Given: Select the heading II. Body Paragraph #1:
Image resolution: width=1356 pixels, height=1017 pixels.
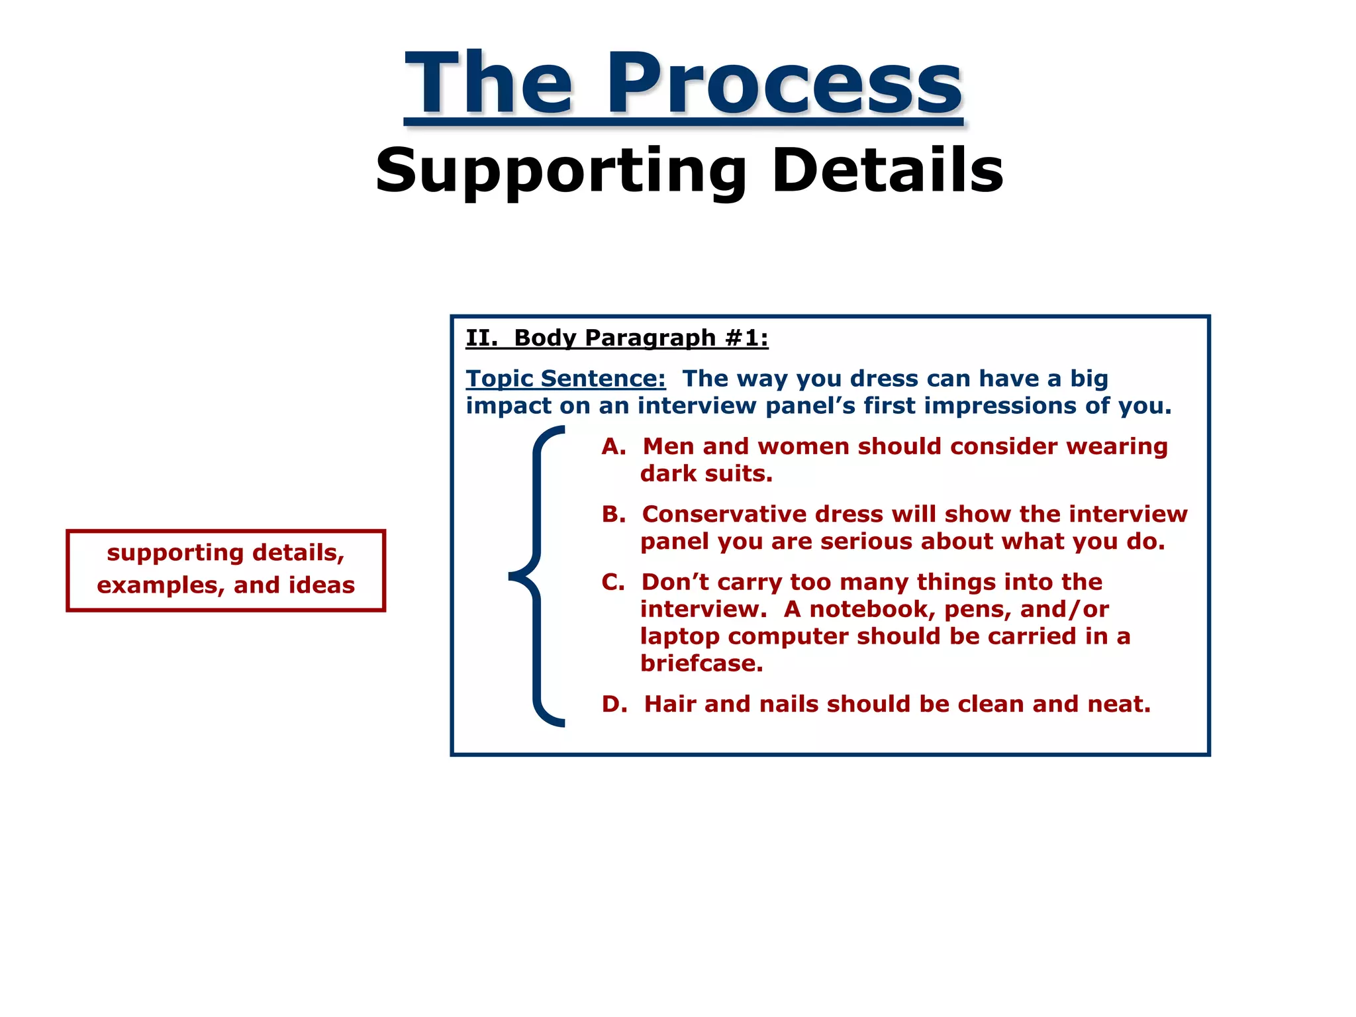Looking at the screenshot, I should [x=616, y=338].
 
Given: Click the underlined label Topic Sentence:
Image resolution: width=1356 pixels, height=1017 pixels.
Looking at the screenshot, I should [x=565, y=379].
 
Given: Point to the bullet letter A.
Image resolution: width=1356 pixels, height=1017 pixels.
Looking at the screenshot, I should [x=613, y=447].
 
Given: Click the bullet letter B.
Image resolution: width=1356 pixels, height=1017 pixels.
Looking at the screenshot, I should [x=613, y=514].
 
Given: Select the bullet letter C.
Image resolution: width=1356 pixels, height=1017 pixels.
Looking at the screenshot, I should [x=613, y=583].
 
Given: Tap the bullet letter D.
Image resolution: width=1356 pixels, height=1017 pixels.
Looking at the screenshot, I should [x=614, y=704].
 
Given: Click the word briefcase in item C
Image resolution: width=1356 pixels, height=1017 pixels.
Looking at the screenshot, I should [x=701, y=663].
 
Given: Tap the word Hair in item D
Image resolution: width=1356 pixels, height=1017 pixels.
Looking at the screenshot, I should [x=670, y=704].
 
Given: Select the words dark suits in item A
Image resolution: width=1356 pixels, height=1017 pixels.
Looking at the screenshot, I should [x=706, y=474].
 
